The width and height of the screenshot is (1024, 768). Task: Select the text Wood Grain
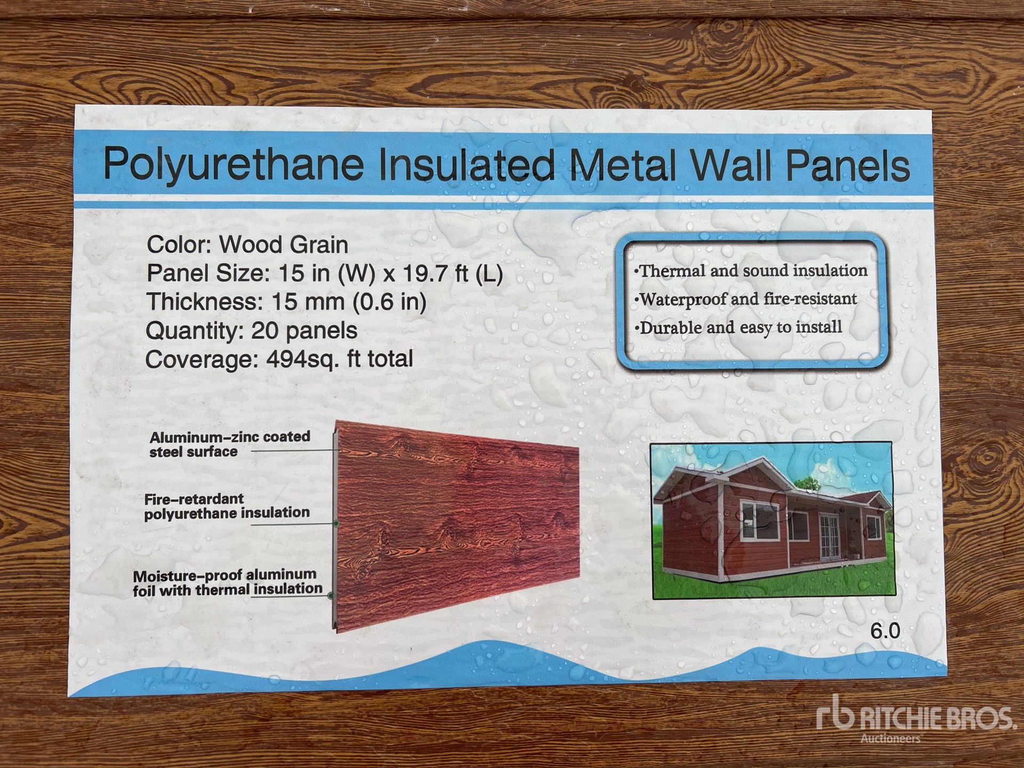tap(284, 245)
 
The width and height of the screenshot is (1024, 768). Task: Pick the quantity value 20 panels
tap(304, 331)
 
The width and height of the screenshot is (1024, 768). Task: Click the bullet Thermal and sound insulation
tap(751, 271)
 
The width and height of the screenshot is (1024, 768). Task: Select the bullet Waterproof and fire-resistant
tap(746, 299)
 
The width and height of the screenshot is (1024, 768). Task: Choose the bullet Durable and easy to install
tap(738, 327)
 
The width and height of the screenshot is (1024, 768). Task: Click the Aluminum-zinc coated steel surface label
tap(230, 444)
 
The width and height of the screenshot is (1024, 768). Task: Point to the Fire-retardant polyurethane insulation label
tap(227, 506)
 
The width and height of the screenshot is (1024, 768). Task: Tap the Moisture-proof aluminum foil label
tap(228, 582)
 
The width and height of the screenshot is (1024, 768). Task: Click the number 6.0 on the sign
tap(885, 631)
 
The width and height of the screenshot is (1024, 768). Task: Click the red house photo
tap(772, 520)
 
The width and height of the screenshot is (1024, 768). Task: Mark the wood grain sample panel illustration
tap(457, 526)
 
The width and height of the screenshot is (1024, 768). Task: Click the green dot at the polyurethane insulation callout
tap(336, 524)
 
